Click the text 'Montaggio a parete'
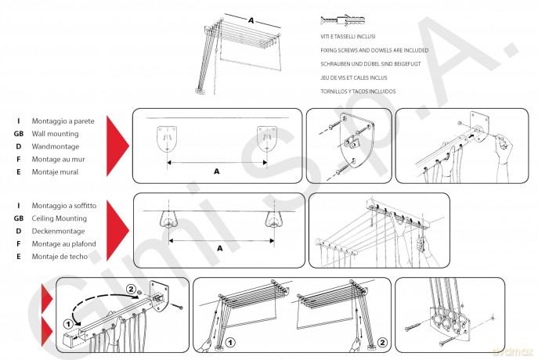63,121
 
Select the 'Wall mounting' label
56,134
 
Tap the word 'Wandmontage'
56,146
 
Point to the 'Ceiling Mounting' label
59,218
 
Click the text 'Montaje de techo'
60,257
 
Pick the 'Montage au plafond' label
63,243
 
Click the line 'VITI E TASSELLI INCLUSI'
348,36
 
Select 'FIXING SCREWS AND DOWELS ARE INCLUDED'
374,50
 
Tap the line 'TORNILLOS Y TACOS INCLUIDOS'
358,92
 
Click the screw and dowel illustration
342,20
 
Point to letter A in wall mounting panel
216,171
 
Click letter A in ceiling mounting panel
220,248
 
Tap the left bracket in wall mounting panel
167,139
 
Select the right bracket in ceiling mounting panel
275,220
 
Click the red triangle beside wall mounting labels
117,146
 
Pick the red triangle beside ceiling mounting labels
117,230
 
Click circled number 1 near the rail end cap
69,324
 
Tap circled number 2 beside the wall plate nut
131,289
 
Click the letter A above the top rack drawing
251,20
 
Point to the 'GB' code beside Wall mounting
19,134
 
